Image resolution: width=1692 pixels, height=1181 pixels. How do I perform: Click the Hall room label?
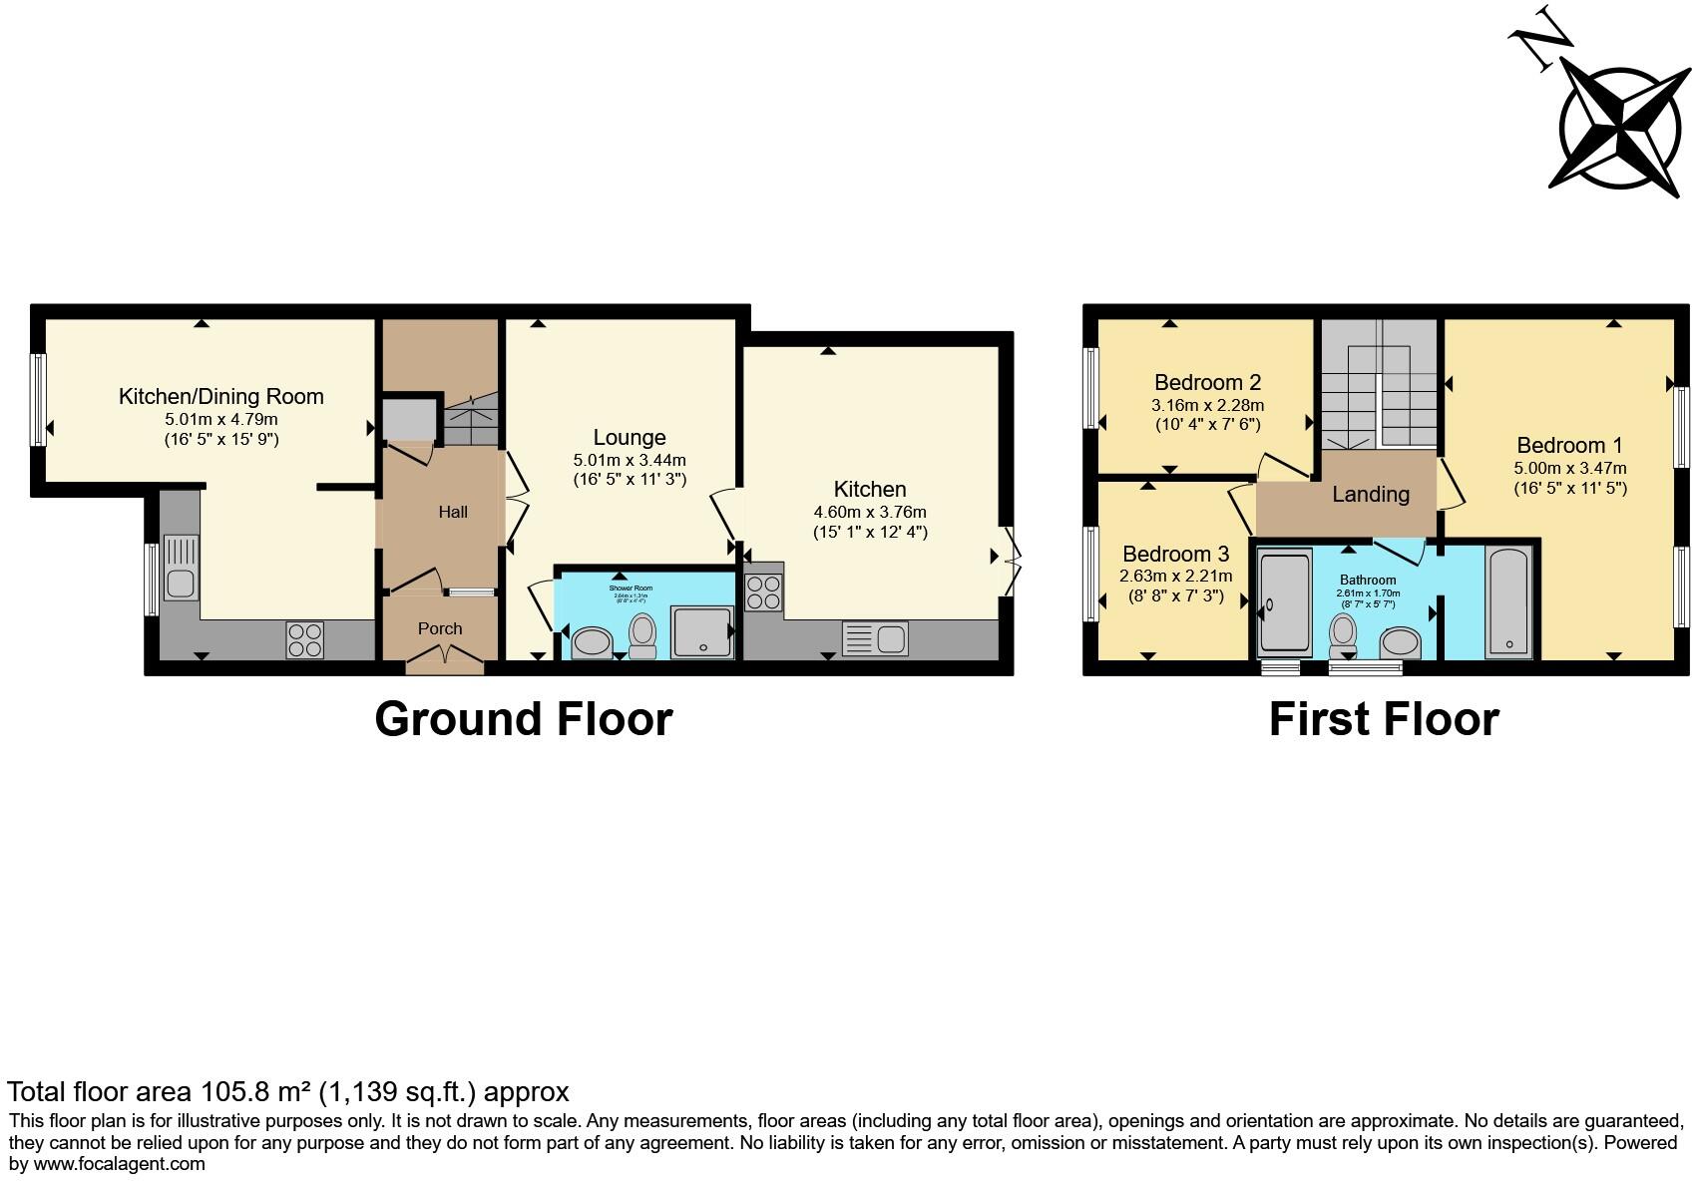[x=453, y=512]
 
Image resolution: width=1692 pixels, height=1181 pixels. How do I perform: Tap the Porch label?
[x=440, y=628]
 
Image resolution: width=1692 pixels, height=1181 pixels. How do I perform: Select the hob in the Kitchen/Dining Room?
[x=305, y=639]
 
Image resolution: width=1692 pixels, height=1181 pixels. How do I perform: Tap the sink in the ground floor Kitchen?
[x=875, y=638]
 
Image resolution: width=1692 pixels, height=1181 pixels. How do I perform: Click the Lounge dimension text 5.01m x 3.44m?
[x=630, y=460]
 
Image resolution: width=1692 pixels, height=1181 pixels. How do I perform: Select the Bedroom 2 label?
[x=1207, y=382]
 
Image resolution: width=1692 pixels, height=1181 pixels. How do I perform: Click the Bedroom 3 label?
[x=1175, y=554]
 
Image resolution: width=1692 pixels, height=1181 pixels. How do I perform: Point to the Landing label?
[x=1371, y=494]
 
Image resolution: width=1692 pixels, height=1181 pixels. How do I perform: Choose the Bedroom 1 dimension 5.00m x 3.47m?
[x=1569, y=468]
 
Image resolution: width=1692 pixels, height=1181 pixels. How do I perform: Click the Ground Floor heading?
[x=524, y=719]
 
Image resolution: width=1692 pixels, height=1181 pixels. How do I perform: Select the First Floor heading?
[x=1384, y=719]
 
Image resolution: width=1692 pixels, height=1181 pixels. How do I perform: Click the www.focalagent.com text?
[x=120, y=1163]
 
